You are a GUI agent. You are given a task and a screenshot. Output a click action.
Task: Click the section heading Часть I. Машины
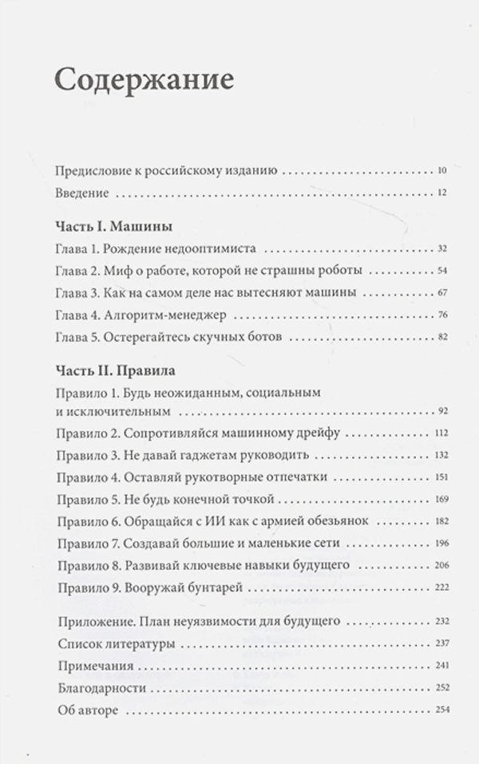(117, 226)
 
